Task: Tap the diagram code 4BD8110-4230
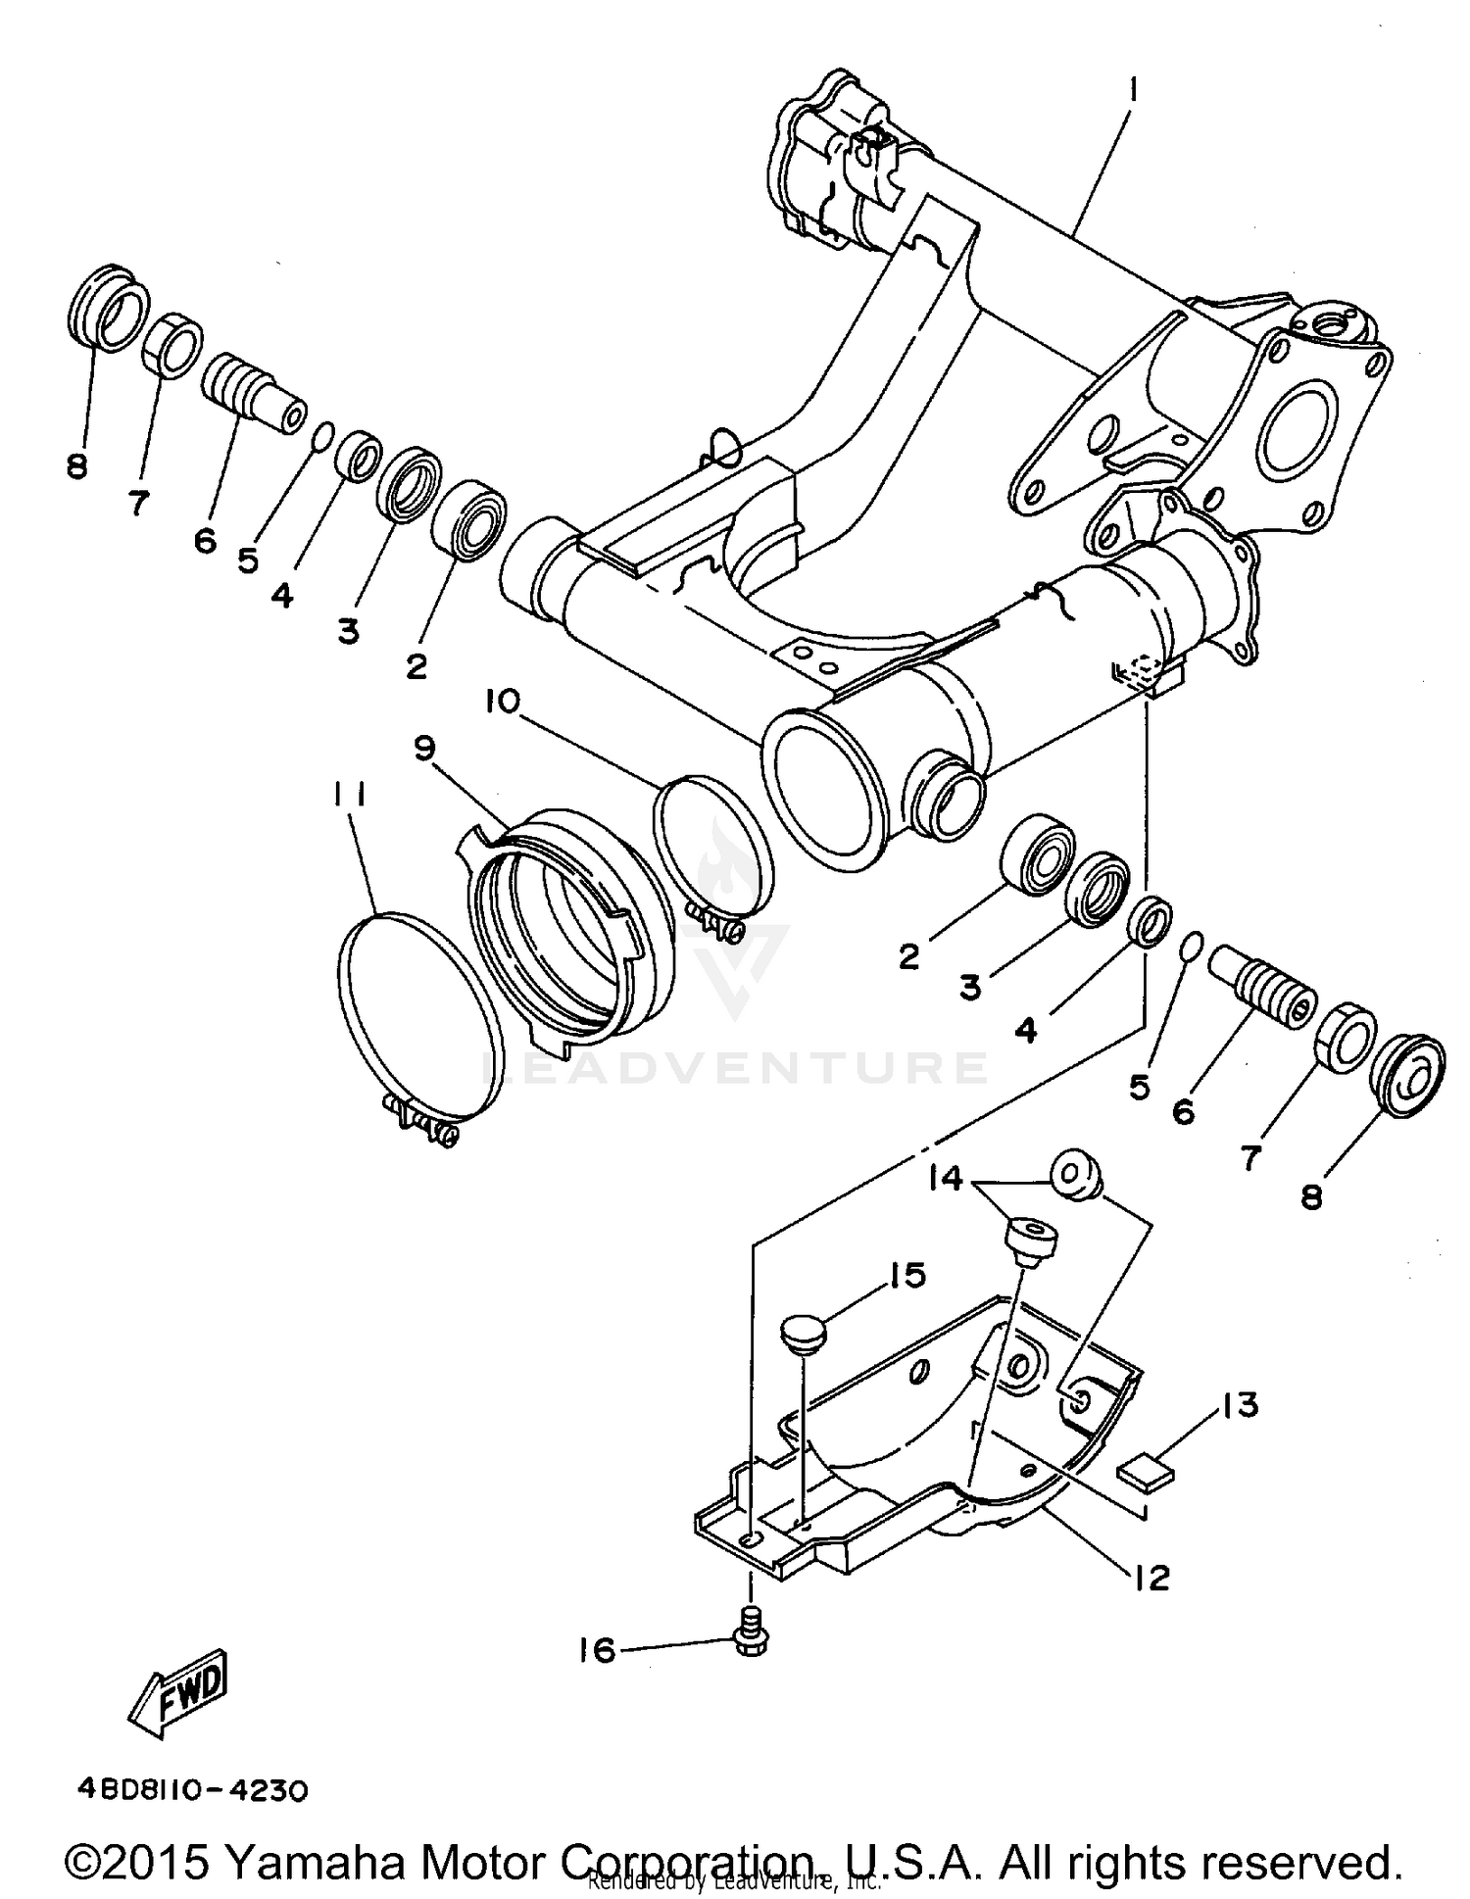tap(193, 1791)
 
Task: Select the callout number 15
tap(906, 1275)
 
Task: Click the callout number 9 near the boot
tap(424, 748)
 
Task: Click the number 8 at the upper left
tap(77, 465)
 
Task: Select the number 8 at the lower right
tap(1311, 1195)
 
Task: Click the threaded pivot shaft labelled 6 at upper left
tap(250, 388)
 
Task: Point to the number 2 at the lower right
tap(909, 956)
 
